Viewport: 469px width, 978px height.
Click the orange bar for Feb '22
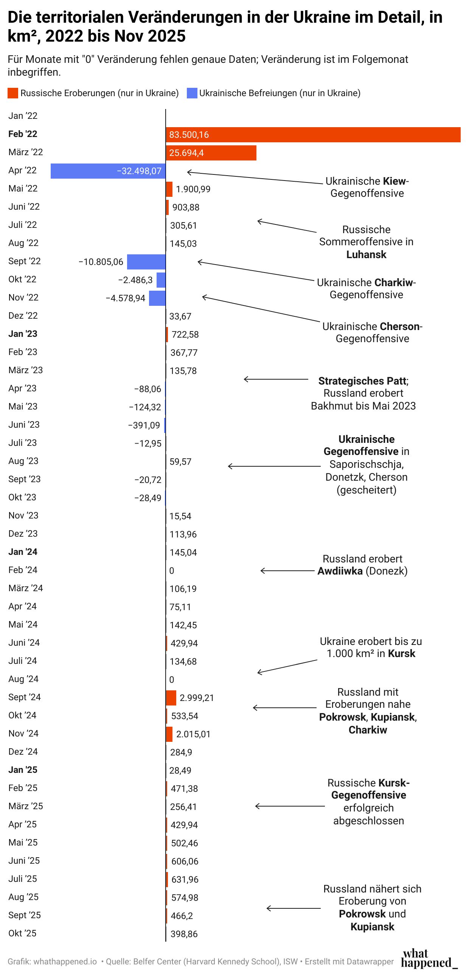[x=313, y=135]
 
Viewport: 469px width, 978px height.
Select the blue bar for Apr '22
[x=108, y=171]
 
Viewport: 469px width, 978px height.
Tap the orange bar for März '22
[x=211, y=153]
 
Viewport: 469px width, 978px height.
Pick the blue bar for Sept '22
[x=146, y=262]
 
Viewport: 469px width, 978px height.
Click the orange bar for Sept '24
[x=171, y=698]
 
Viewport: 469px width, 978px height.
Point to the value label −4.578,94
[x=125, y=298]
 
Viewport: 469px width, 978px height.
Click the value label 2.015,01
[x=193, y=734]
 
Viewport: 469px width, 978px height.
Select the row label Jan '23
[x=23, y=334]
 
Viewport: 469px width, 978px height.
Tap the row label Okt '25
[x=22, y=933]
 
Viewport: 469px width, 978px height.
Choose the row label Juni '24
[x=24, y=643]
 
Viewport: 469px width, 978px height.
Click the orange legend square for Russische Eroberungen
[x=12, y=93]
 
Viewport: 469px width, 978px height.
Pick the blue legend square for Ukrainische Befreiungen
[x=192, y=93]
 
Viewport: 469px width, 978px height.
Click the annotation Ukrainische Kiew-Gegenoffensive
[x=367, y=187]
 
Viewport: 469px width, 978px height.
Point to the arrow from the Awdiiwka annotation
[x=287, y=571]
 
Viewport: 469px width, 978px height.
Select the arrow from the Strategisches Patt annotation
[x=275, y=379]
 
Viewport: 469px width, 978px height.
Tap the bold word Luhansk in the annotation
[x=366, y=255]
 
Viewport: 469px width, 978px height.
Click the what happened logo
[x=429, y=959]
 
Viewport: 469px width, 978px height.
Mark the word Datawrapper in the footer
[x=370, y=962]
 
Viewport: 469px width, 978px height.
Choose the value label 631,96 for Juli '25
[x=185, y=880]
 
